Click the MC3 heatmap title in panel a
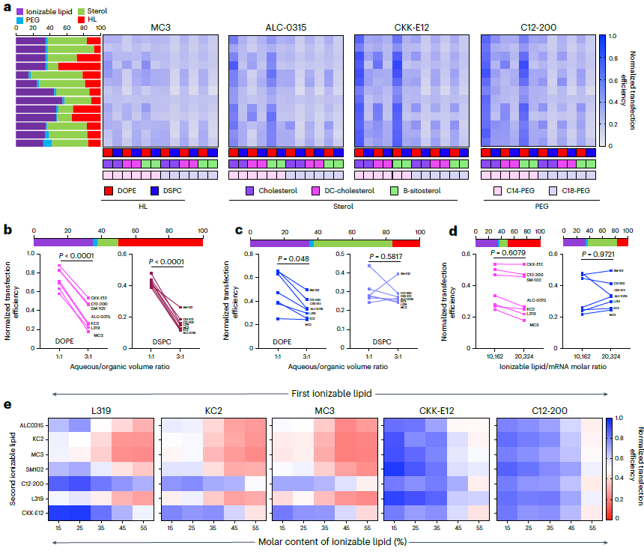tap(161, 28)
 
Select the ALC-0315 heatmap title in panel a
tap(286, 28)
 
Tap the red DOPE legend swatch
tap(109, 190)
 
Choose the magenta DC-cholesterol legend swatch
tap(317, 190)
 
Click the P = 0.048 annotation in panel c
tap(293, 259)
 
